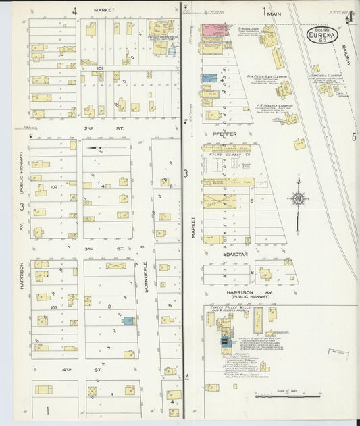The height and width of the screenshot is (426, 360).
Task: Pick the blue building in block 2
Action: tap(128, 321)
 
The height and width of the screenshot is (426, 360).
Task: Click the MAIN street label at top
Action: tap(274, 13)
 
